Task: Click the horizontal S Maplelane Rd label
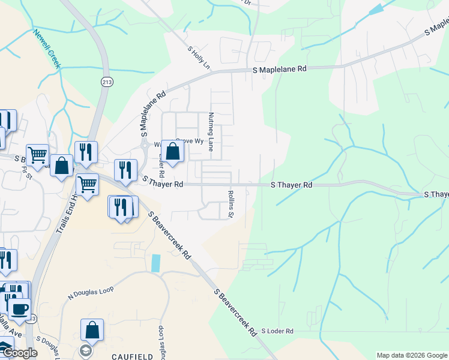pos(279,70)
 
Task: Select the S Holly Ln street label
pos(199,58)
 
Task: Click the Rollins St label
pos(230,204)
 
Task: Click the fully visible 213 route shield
pos(107,82)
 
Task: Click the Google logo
pos(19,353)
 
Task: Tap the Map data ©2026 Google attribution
pos(411,355)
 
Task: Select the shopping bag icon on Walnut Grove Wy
pos(173,152)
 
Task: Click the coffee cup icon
pos(20,308)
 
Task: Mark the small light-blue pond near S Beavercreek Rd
pos(157,263)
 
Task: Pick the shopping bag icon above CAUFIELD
pos(92,330)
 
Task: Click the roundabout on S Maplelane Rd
pos(144,145)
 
